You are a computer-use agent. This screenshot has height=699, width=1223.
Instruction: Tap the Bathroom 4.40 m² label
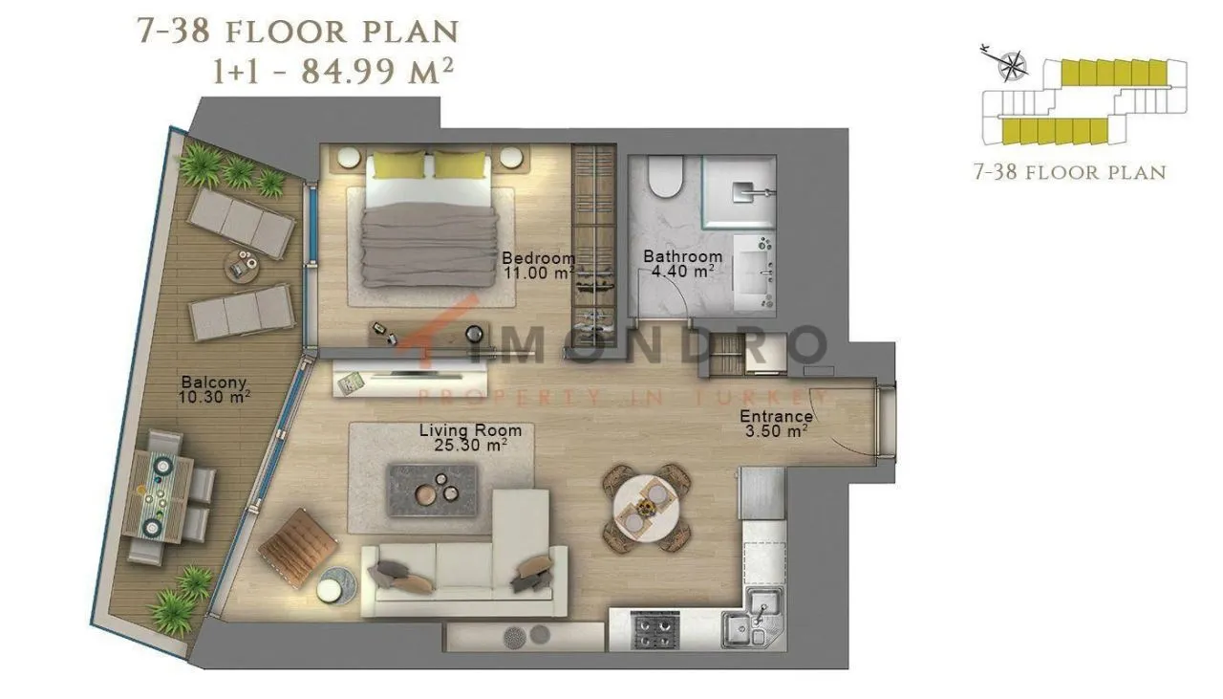pos(682,263)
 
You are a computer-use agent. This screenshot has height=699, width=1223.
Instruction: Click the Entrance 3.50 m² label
pos(776,424)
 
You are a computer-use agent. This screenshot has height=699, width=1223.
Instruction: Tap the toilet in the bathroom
pos(666,176)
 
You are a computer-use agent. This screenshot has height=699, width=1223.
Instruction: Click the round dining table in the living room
pos(647,508)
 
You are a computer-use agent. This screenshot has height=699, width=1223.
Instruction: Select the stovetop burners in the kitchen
pos(654,631)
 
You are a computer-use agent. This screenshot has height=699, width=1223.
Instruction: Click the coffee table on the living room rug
pos(431,491)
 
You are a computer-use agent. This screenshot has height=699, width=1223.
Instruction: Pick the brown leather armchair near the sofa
pos(297,548)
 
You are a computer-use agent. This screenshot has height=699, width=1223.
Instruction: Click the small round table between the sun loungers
pos(242,266)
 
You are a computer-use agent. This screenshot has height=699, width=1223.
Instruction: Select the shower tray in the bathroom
pos(739,192)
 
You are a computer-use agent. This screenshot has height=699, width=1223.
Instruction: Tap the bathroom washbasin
pos(754,273)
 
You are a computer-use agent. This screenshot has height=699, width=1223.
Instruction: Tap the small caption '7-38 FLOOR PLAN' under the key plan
pos(1070,173)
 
